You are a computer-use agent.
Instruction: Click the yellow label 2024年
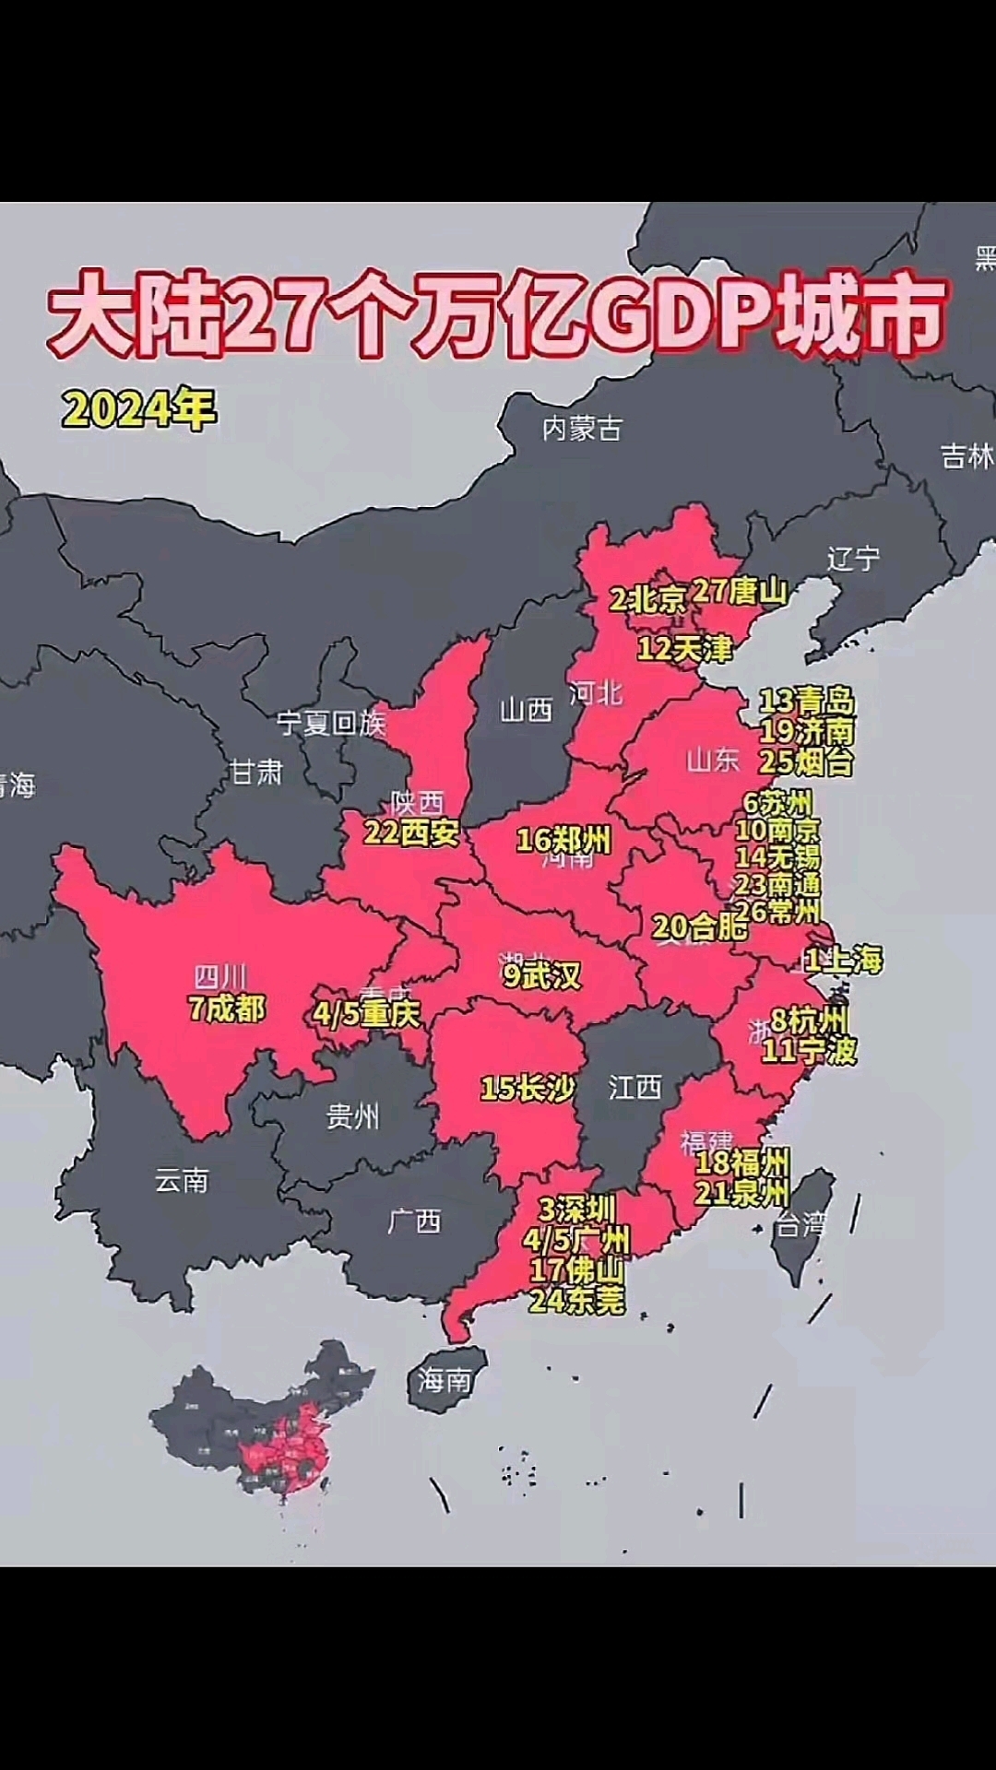139,408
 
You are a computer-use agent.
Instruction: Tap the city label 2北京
647,600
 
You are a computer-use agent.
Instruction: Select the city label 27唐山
740,591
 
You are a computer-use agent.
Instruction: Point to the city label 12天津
684,649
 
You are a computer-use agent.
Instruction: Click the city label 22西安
411,833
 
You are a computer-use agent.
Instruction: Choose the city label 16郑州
563,840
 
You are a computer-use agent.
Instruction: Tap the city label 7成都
227,1009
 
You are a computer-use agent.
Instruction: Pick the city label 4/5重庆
366,1014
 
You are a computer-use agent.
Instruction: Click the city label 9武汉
542,975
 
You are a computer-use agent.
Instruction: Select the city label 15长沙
528,1089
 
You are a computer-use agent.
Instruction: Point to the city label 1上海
844,961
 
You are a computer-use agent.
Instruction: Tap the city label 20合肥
700,926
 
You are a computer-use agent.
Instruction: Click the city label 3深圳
576,1209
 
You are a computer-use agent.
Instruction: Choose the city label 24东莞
576,1301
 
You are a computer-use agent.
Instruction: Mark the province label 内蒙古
582,428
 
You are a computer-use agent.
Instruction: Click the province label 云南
182,1180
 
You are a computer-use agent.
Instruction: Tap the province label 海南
445,1380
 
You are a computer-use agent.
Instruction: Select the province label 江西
634,1088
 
